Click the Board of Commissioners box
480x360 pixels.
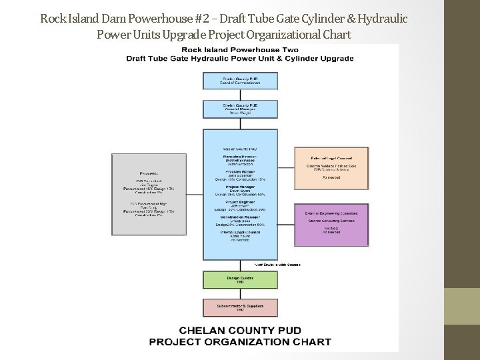(240, 80)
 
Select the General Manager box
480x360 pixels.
(240, 109)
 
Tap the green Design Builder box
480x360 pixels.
(240, 280)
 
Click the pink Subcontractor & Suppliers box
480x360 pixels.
(240, 307)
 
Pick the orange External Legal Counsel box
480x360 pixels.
(331, 168)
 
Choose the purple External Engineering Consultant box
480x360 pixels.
(331, 225)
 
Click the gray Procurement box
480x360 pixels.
(149, 194)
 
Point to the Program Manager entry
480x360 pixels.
(240, 175)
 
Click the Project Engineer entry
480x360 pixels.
(240, 205)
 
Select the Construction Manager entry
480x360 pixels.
(240, 220)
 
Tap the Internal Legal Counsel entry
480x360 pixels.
(240, 235)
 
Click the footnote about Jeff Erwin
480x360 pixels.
(277, 265)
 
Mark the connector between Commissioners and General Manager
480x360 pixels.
(240, 95)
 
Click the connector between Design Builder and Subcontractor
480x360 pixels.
(240, 294)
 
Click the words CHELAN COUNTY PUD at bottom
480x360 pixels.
(239, 331)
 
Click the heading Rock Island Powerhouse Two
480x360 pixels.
(240, 49)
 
